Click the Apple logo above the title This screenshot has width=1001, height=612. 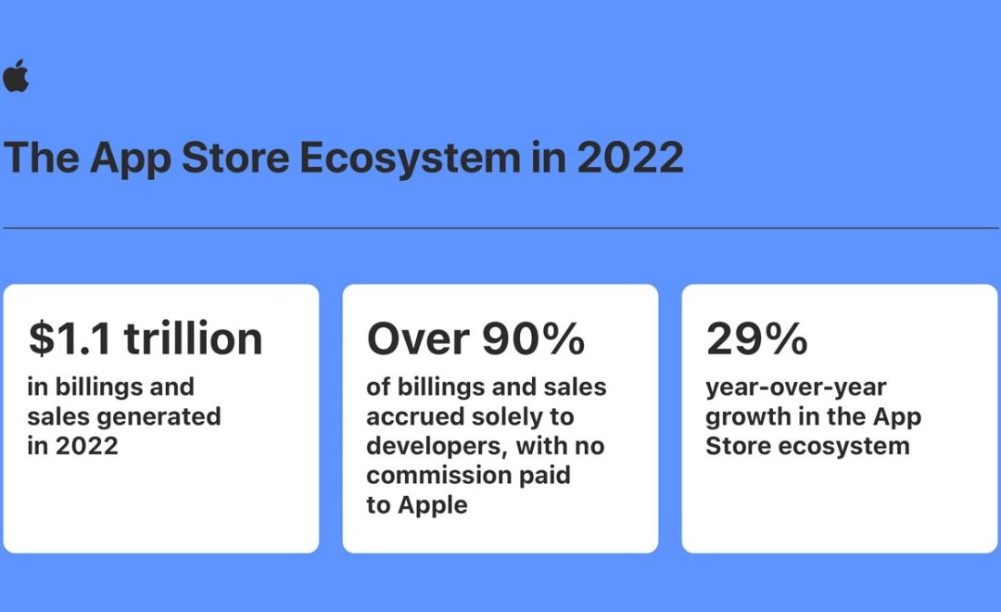tap(16, 76)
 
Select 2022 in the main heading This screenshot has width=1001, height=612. tap(630, 158)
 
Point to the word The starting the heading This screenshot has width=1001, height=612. tap(41, 158)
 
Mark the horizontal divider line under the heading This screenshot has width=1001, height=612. tap(500, 227)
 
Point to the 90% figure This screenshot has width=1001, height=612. tap(532, 338)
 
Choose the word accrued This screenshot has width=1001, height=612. tap(415, 416)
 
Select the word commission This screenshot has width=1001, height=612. tap(436, 476)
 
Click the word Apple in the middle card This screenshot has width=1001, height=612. tap(433, 505)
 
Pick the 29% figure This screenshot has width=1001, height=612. tap(756, 338)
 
